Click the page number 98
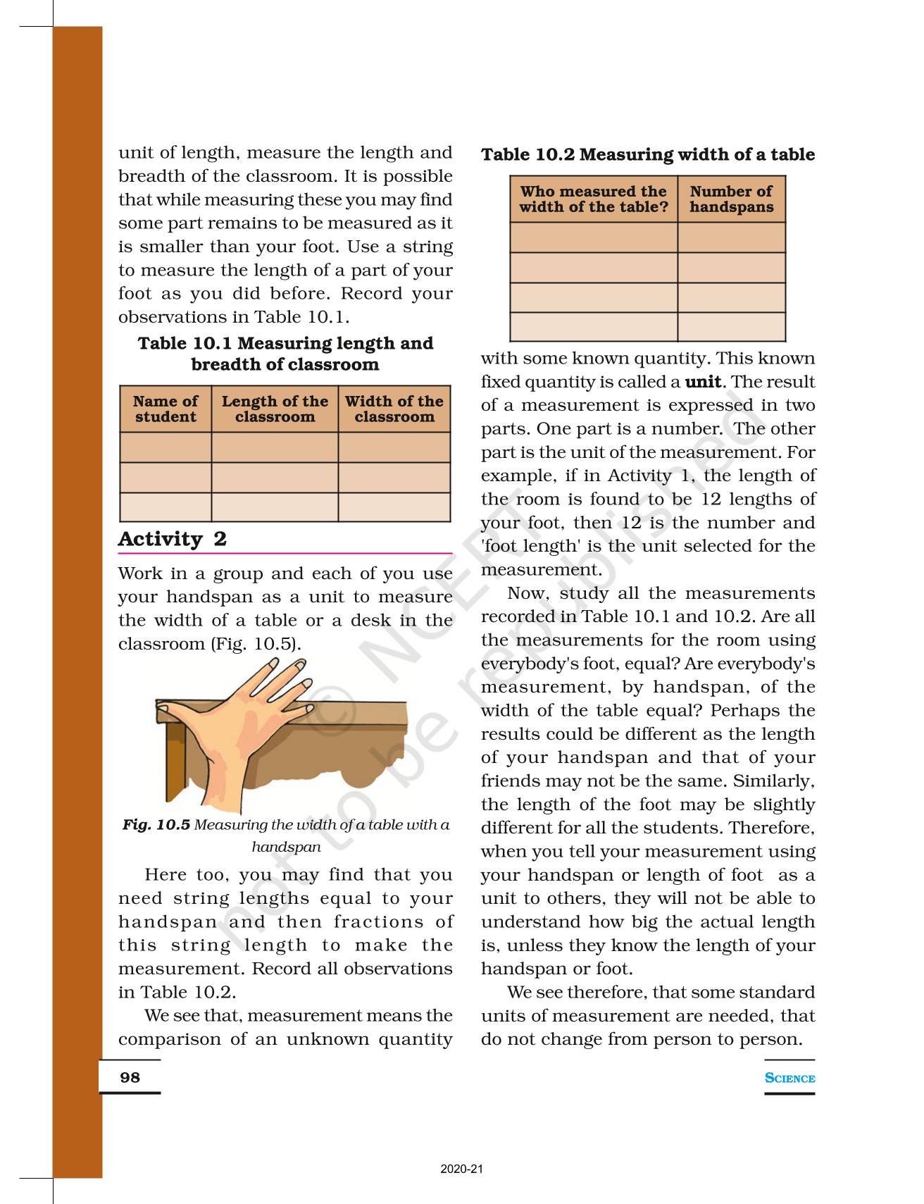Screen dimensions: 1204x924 point(130,1077)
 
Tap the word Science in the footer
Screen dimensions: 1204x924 point(789,1078)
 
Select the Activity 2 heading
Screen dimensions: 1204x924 point(173,539)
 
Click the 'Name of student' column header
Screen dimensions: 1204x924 point(166,409)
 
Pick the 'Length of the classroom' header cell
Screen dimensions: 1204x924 point(275,409)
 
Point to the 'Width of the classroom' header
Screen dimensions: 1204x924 point(394,409)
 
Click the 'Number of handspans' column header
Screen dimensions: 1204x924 point(731,199)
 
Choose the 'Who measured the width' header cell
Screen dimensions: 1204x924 point(594,199)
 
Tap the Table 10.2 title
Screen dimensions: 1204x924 point(648,154)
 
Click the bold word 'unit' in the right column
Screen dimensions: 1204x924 point(703,382)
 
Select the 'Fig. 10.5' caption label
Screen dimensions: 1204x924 point(156,824)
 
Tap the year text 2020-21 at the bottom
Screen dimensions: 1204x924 point(462,1169)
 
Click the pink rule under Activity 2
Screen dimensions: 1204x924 point(285,554)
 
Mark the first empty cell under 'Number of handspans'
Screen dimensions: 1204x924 point(731,237)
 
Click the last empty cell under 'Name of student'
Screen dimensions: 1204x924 point(166,507)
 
